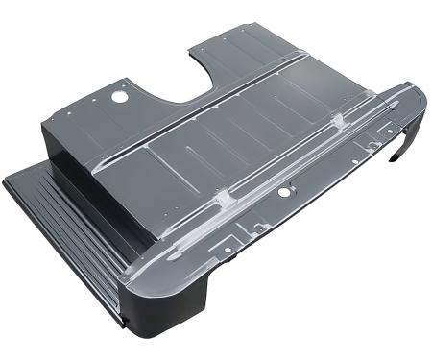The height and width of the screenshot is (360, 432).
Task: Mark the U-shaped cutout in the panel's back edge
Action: [188, 75]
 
